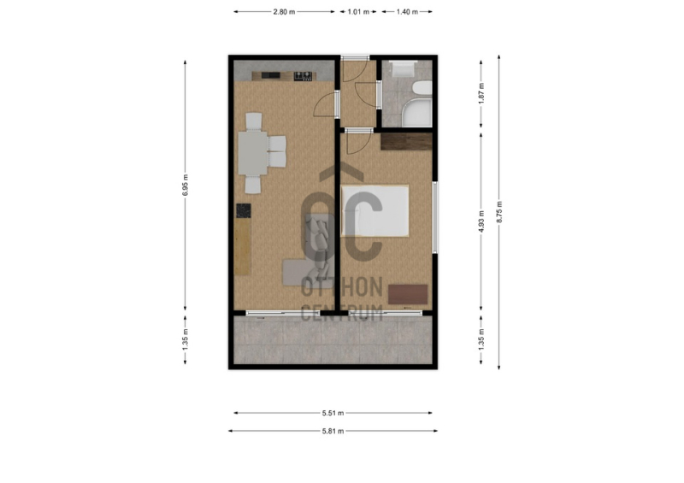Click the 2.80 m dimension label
(284, 12)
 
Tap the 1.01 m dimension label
(358, 12)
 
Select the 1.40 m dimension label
(407, 12)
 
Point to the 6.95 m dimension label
(186, 185)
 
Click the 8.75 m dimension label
(499, 212)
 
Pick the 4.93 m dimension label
(481, 221)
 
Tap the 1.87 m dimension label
(481, 93)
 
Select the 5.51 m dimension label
(333, 413)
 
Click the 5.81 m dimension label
(333, 431)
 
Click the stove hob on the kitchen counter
(304, 76)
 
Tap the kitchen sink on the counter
(270, 75)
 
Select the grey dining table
(252, 153)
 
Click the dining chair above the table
(254, 121)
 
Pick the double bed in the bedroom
(374, 211)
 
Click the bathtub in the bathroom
(417, 113)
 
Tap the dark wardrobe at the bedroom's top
(406, 142)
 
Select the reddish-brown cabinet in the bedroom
(408, 295)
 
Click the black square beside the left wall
(244, 211)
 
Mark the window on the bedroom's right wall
(435, 217)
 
